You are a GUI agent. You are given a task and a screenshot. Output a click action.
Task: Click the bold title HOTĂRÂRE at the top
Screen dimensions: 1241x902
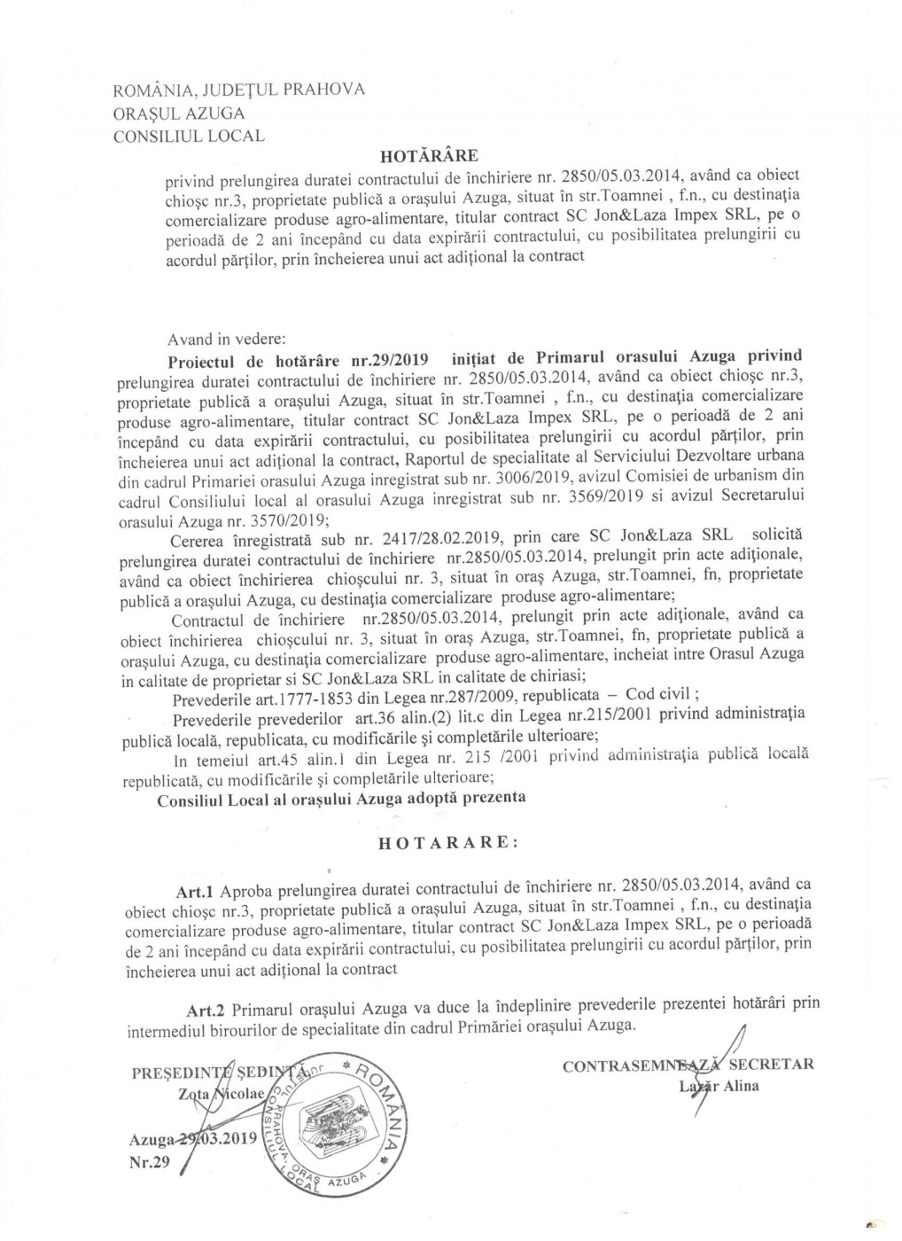click(x=429, y=156)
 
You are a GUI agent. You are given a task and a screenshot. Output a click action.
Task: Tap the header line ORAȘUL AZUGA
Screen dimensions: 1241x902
click(x=179, y=113)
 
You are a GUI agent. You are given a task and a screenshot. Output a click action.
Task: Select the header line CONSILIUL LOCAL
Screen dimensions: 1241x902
click(x=189, y=136)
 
